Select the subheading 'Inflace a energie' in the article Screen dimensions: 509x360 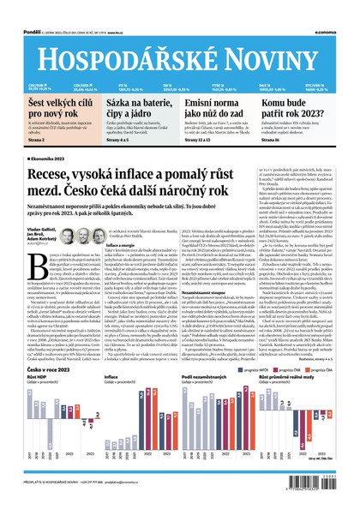pos(121,244)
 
